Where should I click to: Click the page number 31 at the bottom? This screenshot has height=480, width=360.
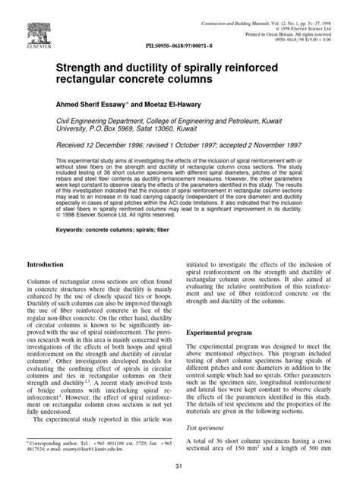[x=179, y=465]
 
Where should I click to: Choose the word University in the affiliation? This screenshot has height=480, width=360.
[x=80, y=139]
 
